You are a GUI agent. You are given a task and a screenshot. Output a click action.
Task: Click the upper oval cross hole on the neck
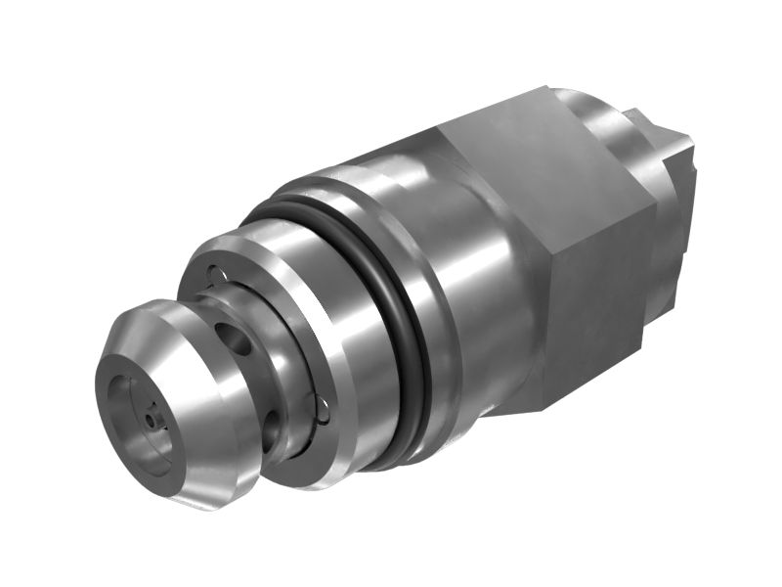click(234, 341)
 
